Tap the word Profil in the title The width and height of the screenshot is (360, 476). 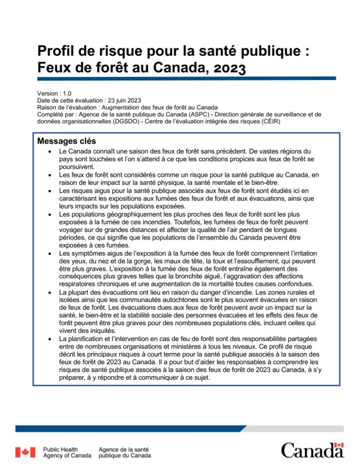[x=56, y=51]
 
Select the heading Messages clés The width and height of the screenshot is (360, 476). [x=67, y=141]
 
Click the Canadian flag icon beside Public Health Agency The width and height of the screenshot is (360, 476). [x=25, y=452]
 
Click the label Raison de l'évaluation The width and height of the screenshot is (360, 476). [x=68, y=107]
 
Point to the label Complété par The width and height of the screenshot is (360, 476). [x=54, y=114]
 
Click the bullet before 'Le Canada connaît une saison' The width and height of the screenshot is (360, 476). [x=52, y=151]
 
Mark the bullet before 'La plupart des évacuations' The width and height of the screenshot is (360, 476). [x=52, y=292]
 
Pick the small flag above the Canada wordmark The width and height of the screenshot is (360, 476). [x=339, y=445]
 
